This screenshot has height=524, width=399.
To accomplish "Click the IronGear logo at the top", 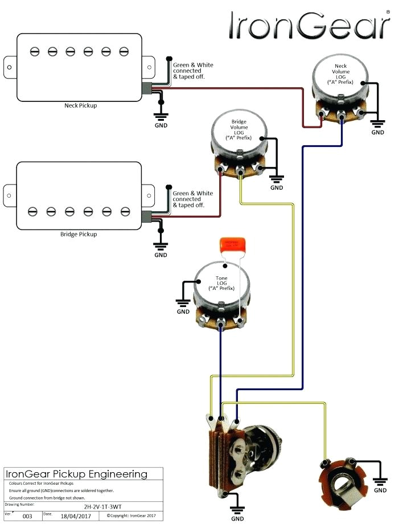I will tap(310, 27).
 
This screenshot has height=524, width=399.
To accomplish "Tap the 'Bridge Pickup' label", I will tap(79, 234).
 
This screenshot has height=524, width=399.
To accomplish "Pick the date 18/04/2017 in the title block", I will tap(76, 515).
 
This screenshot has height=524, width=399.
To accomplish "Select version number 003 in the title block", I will tap(27, 516).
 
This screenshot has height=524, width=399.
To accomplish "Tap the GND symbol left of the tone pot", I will tap(183, 305).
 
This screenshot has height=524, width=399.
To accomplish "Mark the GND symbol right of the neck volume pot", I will tap(377, 125).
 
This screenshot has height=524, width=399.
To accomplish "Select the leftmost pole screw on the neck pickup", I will tap(34, 52).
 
